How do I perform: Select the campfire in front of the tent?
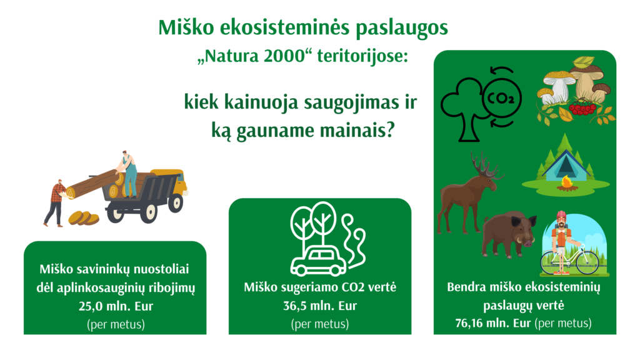click(567, 183)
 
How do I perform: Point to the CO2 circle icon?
click(500, 98)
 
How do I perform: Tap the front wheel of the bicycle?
click(587, 261)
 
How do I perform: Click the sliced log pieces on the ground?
click(84, 218)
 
